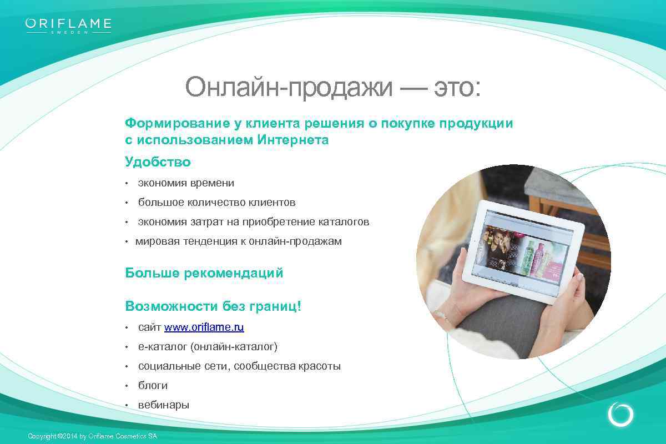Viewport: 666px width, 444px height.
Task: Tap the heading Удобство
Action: [158, 162]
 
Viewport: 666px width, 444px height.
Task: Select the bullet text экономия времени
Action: [186, 183]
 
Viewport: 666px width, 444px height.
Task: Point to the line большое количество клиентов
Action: [216, 203]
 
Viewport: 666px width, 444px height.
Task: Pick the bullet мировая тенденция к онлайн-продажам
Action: [239, 241]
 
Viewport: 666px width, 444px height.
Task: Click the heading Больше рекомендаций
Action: [204, 273]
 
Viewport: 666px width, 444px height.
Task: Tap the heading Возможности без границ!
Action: [213, 306]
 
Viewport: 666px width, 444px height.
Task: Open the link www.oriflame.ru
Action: [204, 327]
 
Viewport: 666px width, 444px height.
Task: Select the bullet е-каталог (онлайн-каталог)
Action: [208, 347]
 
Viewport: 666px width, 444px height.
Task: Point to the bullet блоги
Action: [153, 386]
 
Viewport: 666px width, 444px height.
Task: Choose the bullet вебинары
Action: [164, 405]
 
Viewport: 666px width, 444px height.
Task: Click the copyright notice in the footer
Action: [92, 437]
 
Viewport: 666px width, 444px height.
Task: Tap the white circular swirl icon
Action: [620, 415]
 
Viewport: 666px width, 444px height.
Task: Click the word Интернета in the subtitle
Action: [292, 140]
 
